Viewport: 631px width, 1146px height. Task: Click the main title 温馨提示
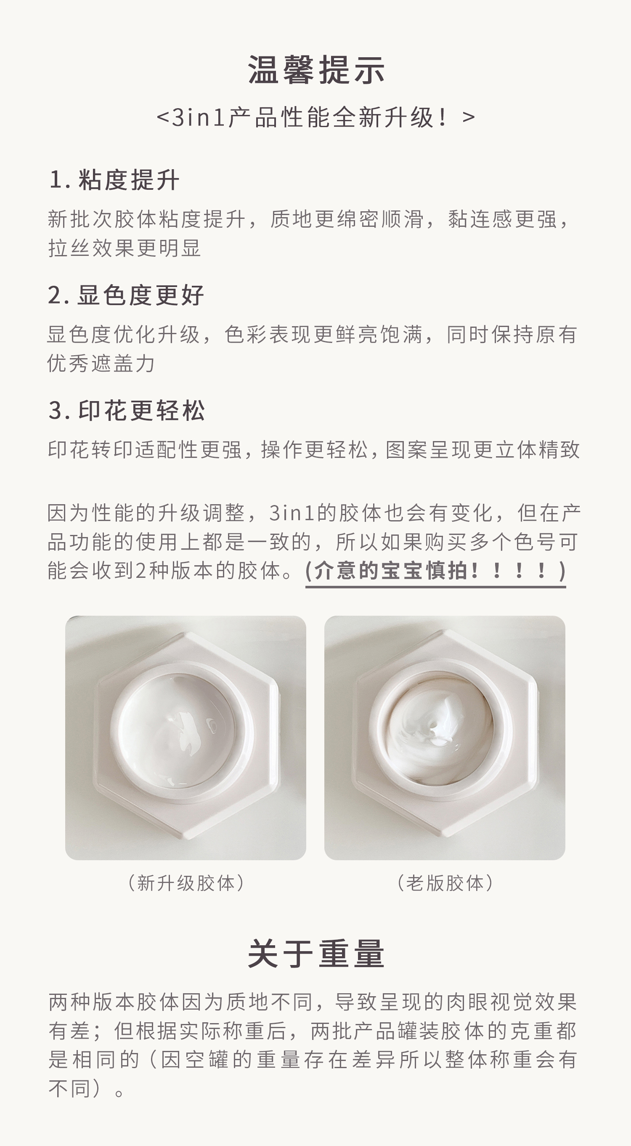pyautogui.click(x=316, y=70)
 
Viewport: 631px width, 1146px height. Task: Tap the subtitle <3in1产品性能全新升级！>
pyautogui.click(x=316, y=117)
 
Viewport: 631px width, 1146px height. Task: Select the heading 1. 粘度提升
pyautogui.click(x=114, y=180)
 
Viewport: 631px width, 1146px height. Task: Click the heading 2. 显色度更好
pyautogui.click(x=126, y=295)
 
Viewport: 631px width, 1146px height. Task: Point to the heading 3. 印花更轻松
pyautogui.click(x=127, y=410)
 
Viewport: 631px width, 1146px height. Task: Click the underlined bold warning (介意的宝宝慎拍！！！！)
pyautogui.click(x=435, y=571)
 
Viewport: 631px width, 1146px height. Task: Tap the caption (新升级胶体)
pyautogui.click(x=186, y=883)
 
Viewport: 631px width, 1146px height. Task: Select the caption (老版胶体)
pyautogui.click(x=445, y=883)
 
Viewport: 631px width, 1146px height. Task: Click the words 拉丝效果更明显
pyautogui.click(x=125, y=248)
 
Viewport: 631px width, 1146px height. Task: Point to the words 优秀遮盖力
pyautogui.click(x=101, y=363)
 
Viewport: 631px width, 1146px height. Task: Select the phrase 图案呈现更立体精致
pyautogui.click(x=483, y=449)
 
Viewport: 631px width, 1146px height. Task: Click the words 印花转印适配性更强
pyautogui.click(x=145, y=449)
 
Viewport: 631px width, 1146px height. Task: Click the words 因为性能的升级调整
pyautogui.click(x=146, y=513)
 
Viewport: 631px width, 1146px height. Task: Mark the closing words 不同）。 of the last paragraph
pyautogui.click(x=86, y=1088)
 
